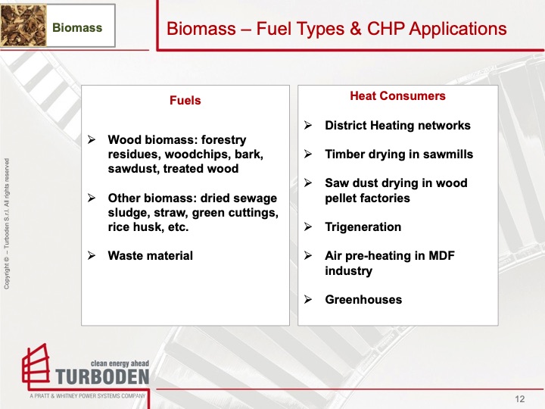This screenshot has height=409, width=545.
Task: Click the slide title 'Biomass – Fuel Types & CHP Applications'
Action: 336,29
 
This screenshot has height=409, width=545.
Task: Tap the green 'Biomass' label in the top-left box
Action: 76,28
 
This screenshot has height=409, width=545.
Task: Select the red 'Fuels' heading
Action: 185,101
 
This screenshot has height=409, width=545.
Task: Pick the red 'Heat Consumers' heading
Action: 397,96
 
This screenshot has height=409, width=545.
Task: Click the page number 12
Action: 520,399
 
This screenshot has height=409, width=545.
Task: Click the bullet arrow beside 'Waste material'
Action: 92,255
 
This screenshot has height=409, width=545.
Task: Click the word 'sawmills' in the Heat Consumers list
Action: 449,154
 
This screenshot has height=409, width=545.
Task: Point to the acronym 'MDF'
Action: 434,256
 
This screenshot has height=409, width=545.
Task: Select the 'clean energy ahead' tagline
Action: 120,363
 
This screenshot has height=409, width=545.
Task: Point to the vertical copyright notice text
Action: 8,223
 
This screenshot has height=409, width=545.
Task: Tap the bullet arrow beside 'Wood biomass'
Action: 92,140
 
